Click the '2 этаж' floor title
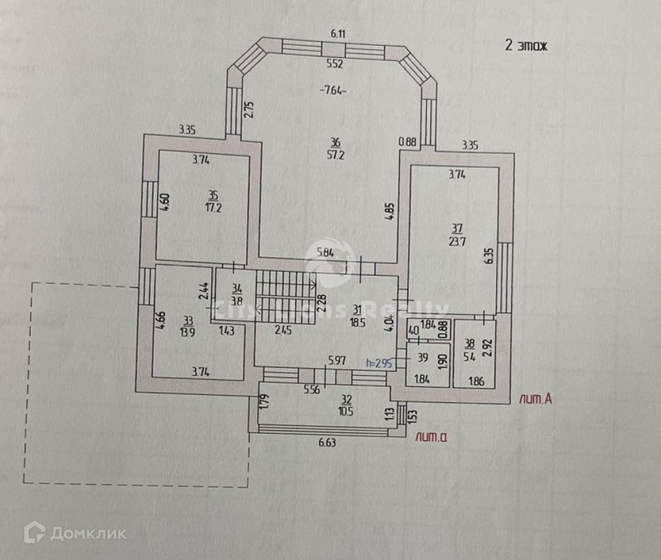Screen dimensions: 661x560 tap(525, 46)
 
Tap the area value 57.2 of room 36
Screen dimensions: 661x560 tap(336, 156)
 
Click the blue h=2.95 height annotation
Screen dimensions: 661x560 tap(378, 363)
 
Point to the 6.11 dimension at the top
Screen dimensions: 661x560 tap(338, 34)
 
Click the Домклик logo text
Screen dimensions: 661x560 tap(88, 533)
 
